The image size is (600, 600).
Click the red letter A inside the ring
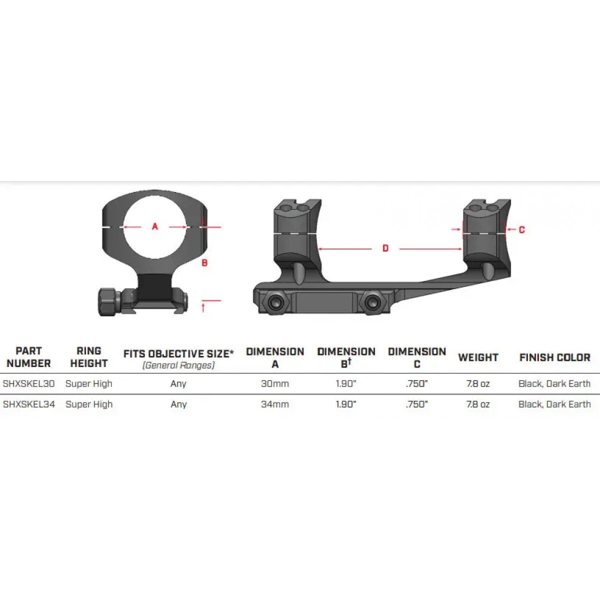(154, 226)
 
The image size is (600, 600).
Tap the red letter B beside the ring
(204, 263)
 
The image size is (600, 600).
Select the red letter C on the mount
(522, 230)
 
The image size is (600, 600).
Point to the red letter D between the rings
(385, 248)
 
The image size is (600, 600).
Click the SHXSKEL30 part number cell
(28, 383)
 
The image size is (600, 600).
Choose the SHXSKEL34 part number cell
(29, 404)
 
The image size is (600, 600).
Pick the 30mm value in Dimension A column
(275, 383)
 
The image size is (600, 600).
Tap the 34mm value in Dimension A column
(275, 404)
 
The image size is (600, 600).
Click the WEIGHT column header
(478, 357)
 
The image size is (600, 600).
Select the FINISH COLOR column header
(555, 357)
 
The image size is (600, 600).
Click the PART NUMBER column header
(28, 357)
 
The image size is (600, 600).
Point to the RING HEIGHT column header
(89, 357)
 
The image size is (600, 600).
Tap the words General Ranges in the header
(178, 365)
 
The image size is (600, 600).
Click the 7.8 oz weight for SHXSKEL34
(478, 404)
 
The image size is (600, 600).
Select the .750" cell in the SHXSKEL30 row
(417, 383)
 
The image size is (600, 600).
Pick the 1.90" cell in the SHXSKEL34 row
(346, 404)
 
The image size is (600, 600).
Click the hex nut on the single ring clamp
(107, 302)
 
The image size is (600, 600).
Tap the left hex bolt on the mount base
(276, 301)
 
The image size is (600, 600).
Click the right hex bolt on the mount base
(372, 301)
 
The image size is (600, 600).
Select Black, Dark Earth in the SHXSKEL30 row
(554, 383)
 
